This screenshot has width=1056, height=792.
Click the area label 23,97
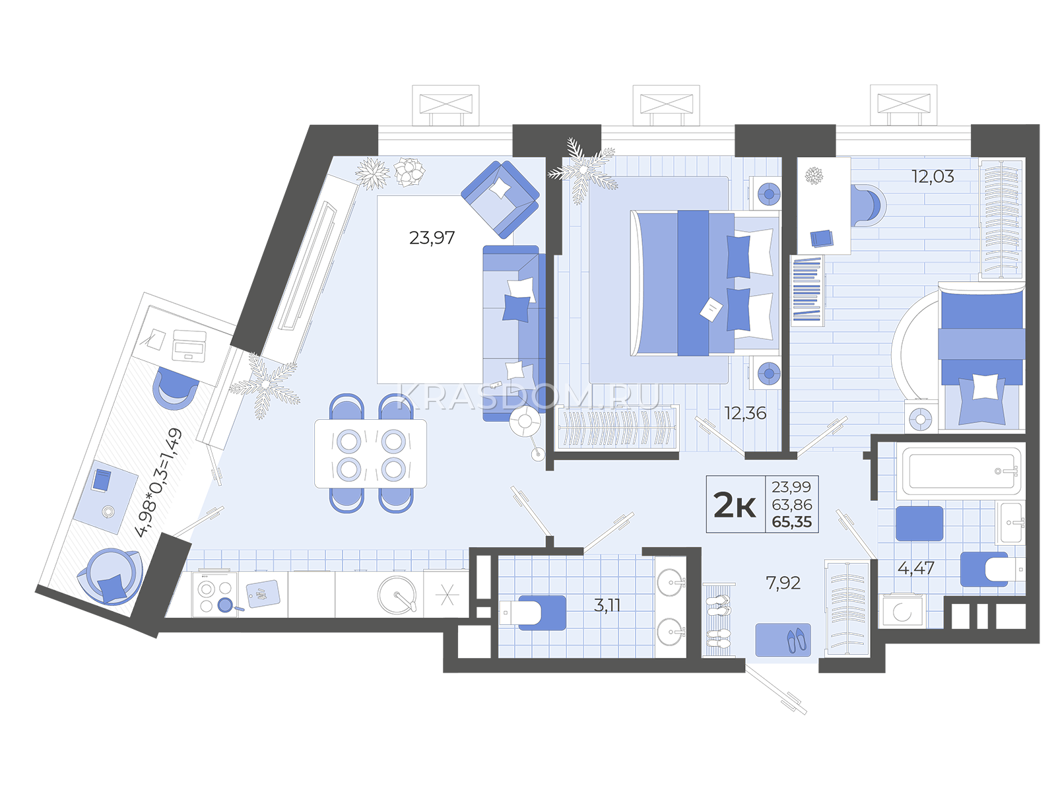pos(432,238)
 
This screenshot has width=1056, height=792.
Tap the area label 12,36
pos(745,413)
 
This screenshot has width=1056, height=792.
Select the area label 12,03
pos(933,176)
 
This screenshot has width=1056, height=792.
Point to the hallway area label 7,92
pos(783,583)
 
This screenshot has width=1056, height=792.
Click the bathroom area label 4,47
pos(916,568)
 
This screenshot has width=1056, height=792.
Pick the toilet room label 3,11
pos(607,605)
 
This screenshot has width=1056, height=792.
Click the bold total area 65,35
pos(792,522)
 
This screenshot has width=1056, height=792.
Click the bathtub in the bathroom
pos(961,471)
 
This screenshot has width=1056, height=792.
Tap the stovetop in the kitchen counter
pos(214,595)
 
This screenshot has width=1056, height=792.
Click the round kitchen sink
pos(397,595)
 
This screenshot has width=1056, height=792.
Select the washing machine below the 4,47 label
pos(902,611)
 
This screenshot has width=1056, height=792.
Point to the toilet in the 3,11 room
pos(532,612)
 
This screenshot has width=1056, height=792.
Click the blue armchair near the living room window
pos(500,199)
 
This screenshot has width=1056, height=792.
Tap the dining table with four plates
pos(370,453)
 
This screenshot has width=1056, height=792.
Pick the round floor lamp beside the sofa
pos(525,422)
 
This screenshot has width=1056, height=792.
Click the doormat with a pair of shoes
pos(783,640)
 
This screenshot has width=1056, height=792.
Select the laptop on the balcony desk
pos(189,345)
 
